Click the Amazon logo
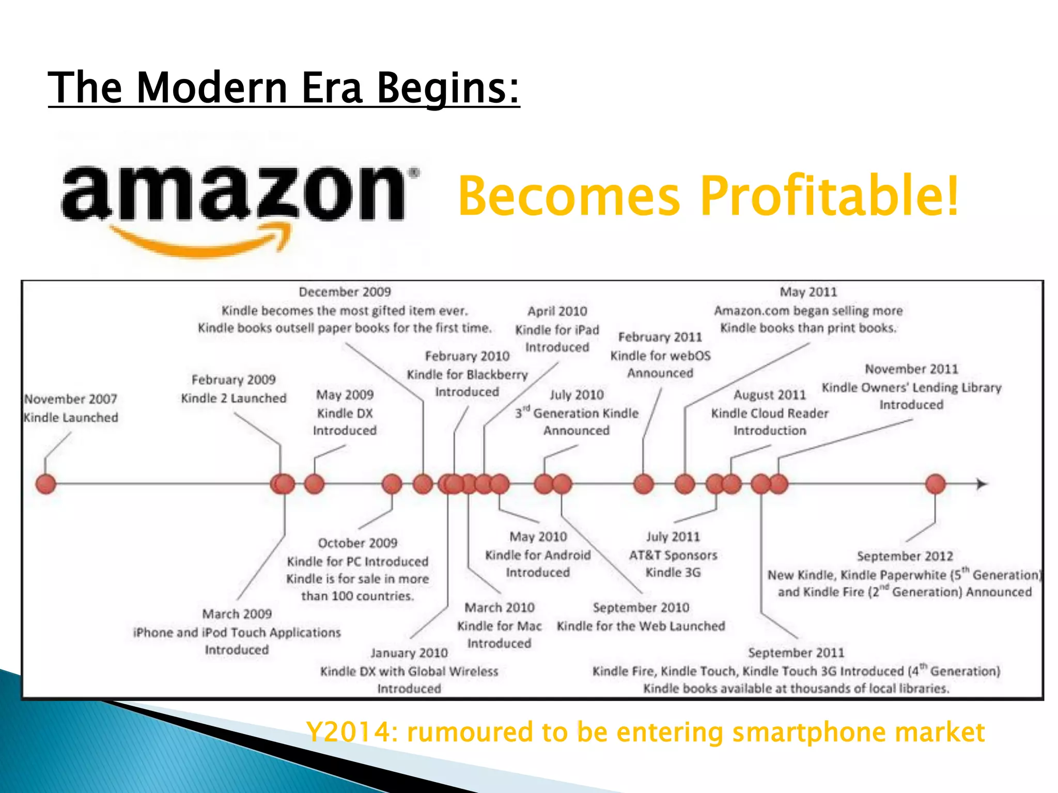point(238,207)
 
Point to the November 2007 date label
point(71,399)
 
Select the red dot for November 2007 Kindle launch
point(46,484)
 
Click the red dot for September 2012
point(936,484)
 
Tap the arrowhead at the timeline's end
point(982,484)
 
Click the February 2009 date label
point(234,380)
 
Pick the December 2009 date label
point(345,292)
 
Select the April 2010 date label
point(557,311)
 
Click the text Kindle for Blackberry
point(468,375)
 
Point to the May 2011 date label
point(808,292)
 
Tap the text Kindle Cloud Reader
point(770,414)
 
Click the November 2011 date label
point(912,369)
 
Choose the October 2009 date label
point(357,543)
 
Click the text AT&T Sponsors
point(673,556)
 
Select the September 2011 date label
point(796,653)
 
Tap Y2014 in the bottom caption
point(346,732)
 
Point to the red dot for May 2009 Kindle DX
point(314,484)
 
